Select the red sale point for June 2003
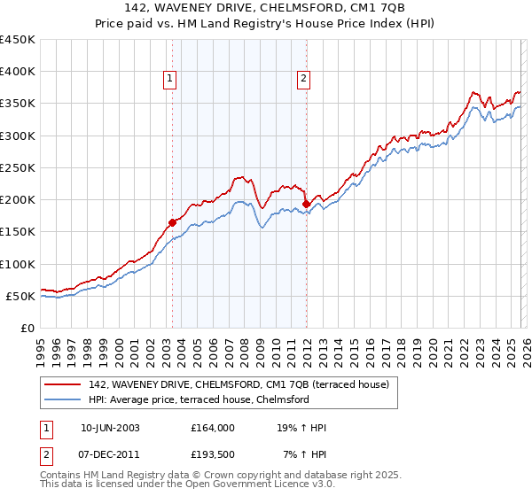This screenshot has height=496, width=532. [x=172, y=222]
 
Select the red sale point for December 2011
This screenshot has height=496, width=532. [x=306, y=204]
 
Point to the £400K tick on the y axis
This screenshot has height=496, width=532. [x=18, y=72]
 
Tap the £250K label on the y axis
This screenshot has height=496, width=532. [x=18, y=167]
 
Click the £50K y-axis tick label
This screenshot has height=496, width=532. [x=21, y=296]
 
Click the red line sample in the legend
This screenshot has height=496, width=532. [x=64, y=384]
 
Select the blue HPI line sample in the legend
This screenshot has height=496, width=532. [x=64, y=399]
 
